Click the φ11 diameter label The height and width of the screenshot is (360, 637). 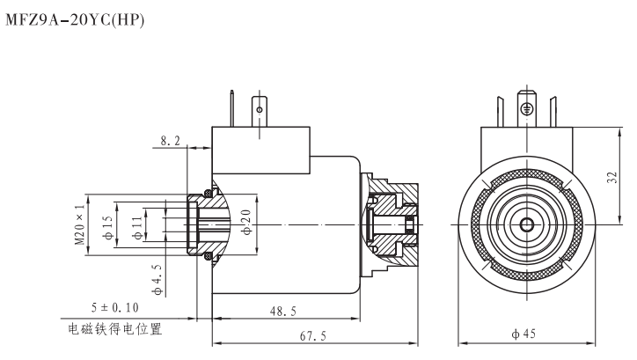tap(136, 224)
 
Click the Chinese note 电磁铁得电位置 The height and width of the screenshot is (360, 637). tap(115, 330)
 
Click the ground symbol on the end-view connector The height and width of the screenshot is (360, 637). tap(526, 108)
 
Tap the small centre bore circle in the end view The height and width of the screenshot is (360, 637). tap(526, 225)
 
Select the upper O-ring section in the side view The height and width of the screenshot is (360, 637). tap(209, 191)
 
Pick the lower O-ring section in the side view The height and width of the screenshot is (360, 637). tap(209, 256)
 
